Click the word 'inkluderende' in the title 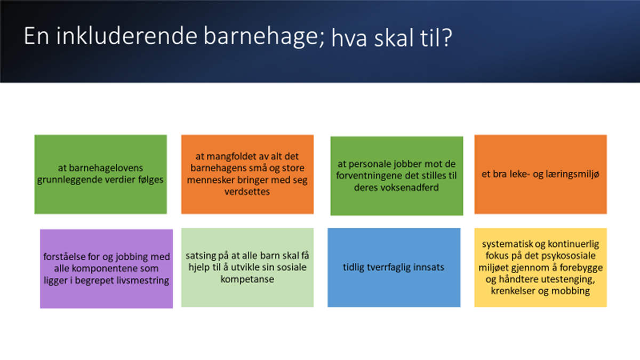pyautogui.click(x=127, y=36)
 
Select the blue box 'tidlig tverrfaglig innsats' pyautogui.click(x=394, y=268)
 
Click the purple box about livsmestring pyautogui.click(x=106, y=269)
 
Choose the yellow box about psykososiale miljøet pyautogui.click(x=541, y=268)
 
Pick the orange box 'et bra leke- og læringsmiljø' pyautogui.click(x=541, y=174)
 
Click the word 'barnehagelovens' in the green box pyautogui.click(x=100, y=168)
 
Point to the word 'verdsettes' pyautogui.click(x=247, y=191)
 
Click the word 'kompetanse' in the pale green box pyautogui.click(x=247, y=279)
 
